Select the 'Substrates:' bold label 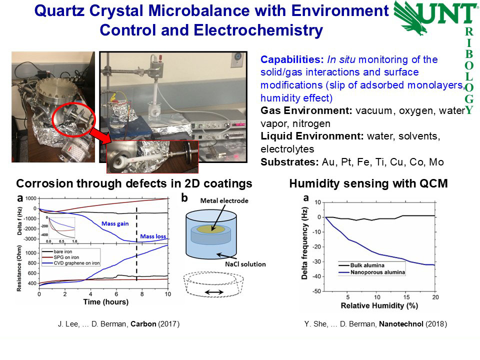(x=289, y=162)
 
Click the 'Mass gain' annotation (x=115, y=224)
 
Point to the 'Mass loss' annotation (x=153, y=236)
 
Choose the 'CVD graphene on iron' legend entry (x=76, y=263)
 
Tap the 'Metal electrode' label (x=224, y=201)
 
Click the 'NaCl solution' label (x=245, y=264)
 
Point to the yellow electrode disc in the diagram (x=211, y=229)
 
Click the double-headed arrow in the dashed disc (x=214, y=292)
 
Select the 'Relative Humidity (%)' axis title (x=379, y=305)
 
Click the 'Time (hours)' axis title (x=106, y=302)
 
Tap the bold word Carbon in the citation (x=143, y=324)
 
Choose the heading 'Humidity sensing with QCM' (x=368, y=183)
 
